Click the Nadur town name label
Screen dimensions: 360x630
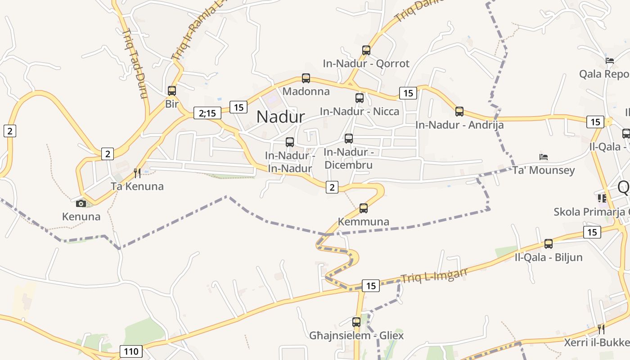click(x=281, y=117)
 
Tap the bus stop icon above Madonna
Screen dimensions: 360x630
click(x=306, y=78)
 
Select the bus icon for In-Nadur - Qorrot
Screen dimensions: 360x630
click(x=366, y=50)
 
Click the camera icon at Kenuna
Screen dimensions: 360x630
click(x=81, y=203)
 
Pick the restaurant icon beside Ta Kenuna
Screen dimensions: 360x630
click(x=138, y=173)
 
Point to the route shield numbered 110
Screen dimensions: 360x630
click(x=131, y=351)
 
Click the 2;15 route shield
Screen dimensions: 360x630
click(x=207, y=113)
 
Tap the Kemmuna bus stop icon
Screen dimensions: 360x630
click(x=364, y=208)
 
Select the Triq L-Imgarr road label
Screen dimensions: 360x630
click(x=434, y=275)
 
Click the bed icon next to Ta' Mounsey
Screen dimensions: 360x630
click(x=544, y=157)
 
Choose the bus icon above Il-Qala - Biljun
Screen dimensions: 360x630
click(x=549, y=244)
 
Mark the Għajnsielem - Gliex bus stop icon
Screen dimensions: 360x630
click(x=356, y=322)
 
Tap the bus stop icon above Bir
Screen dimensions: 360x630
click(x=172, y=91)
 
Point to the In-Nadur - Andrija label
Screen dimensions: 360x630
click(x=459, y=125)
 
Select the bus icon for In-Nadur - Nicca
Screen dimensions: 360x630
click(x=360, y=98)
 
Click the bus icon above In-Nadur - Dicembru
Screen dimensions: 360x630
click(x=349, y=139)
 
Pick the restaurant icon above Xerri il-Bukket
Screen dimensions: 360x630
click(x=601, y=329)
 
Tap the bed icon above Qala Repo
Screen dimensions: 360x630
click(x=610, y=61)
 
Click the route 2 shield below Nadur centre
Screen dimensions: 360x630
click(x=332, y=187)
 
